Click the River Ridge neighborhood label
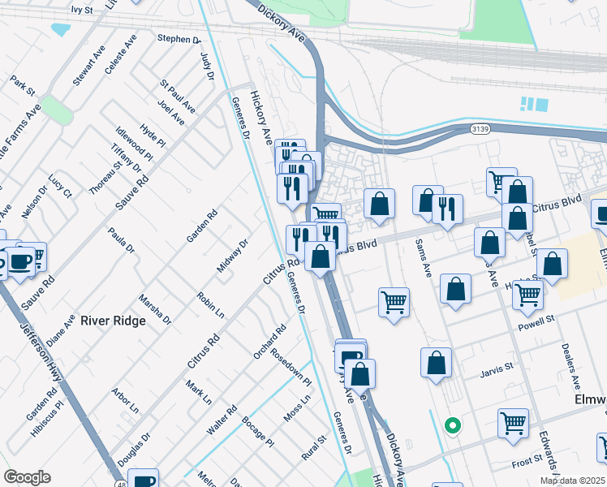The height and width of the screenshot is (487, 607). (x=113, y=321)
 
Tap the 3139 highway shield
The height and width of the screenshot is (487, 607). (x=481, y=128)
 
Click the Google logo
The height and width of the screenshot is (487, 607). (x=27, y=477)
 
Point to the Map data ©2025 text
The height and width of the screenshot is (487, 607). (x=573, y=481)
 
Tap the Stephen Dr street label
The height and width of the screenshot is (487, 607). (x=179, y=39)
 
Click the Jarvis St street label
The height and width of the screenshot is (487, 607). (x=497, y=367)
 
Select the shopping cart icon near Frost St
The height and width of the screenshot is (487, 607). (x=513, y=422)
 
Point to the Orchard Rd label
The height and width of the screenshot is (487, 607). (x=269, y=342)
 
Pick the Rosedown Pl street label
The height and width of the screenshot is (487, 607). (x=291, y=367)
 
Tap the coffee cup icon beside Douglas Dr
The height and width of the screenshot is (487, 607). (x=144, y=479)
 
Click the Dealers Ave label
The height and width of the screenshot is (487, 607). (x=570, y=364)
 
